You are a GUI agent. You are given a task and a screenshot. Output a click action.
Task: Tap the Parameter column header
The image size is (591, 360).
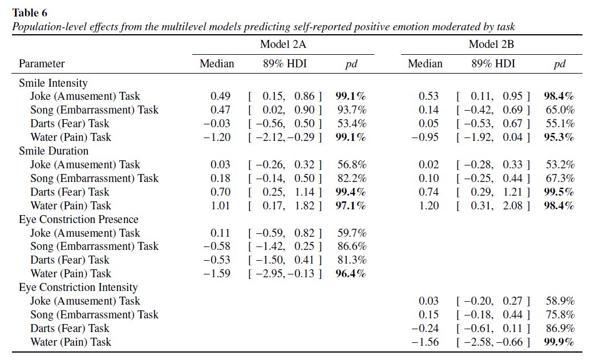42,64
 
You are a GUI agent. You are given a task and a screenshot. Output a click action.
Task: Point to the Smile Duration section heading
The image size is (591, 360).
54,151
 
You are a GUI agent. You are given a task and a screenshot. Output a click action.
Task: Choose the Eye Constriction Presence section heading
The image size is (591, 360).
79,220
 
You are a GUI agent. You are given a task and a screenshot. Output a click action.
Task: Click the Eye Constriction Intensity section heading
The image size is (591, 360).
78,288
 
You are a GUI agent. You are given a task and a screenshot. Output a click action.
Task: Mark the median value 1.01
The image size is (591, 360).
221,206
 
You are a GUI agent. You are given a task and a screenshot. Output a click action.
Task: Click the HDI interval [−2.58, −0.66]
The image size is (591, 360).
493,342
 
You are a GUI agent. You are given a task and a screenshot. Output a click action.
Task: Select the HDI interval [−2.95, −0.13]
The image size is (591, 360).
285,274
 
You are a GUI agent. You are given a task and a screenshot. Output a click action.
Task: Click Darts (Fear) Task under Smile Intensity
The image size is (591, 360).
70,124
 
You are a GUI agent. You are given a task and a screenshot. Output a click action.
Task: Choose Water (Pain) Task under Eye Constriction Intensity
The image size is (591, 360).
71,342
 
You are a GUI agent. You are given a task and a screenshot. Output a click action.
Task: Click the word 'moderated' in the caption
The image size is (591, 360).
429,27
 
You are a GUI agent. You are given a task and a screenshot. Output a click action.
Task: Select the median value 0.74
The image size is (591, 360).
430,192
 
